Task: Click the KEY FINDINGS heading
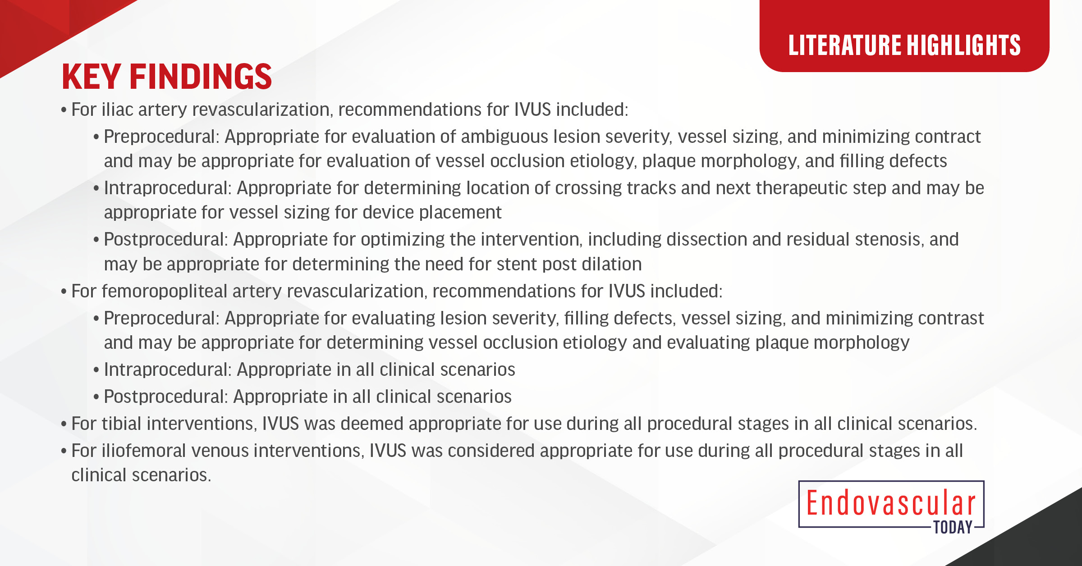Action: pos(167,77)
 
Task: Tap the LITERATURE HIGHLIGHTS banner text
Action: pos(904,45)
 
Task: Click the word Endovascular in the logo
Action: pos(891,503)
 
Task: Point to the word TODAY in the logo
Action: pos(953,527)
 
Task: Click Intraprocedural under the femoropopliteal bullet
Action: pos(167,370)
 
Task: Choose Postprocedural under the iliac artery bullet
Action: pos(165,239)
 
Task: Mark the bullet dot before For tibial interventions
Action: pos(64,424)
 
